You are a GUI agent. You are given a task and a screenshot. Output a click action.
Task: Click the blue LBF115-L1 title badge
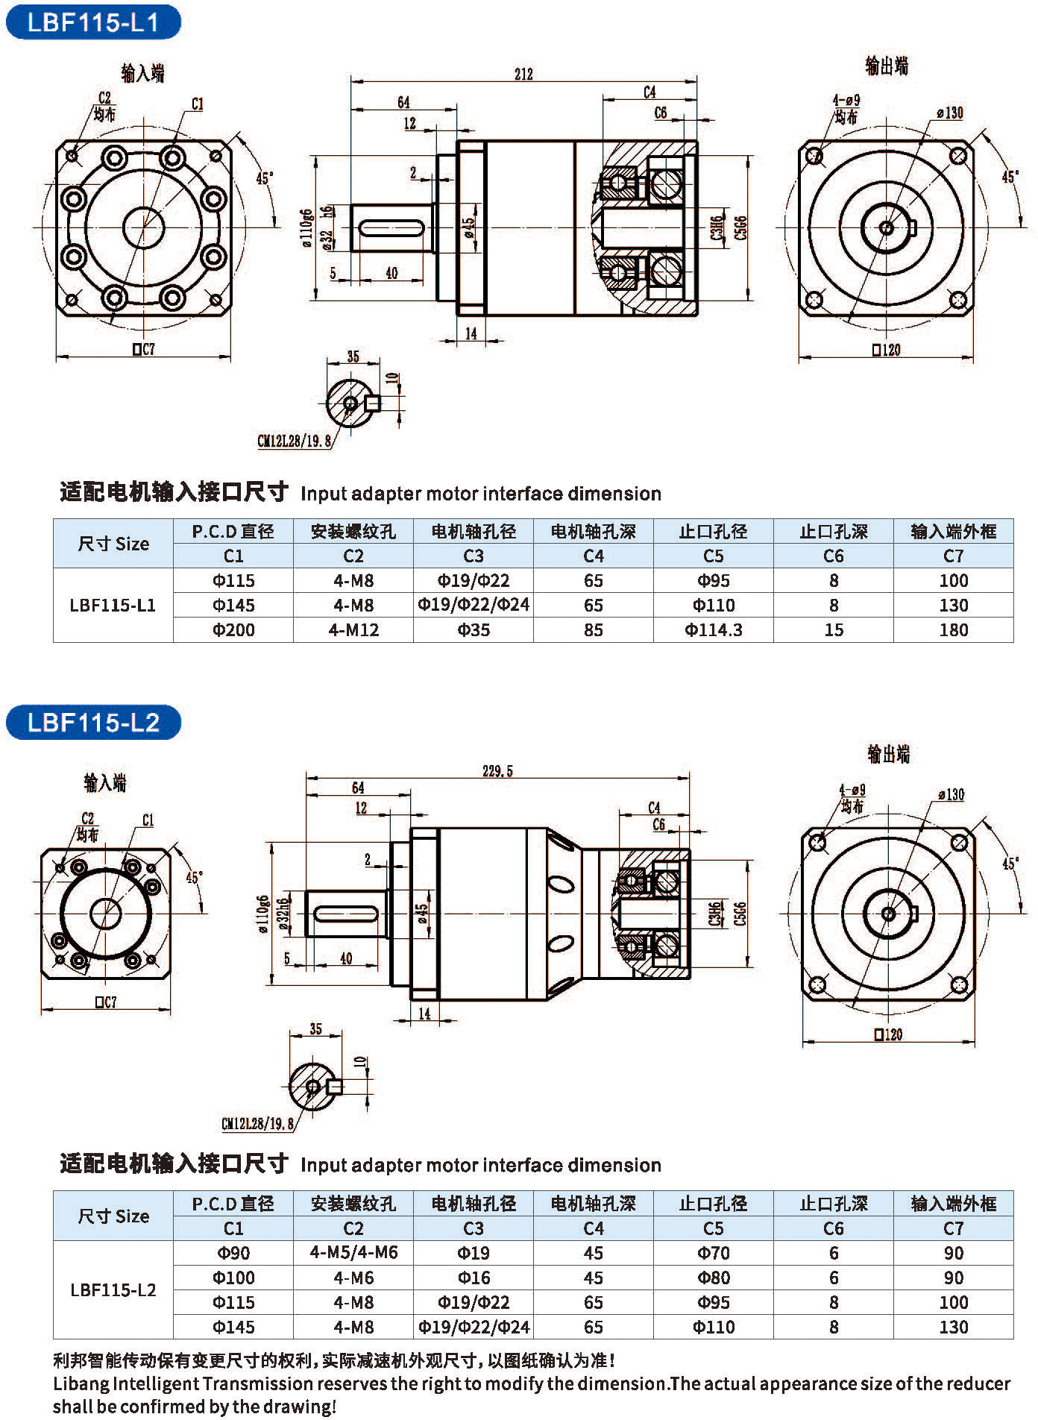pyautogui.click(x=93, y=22)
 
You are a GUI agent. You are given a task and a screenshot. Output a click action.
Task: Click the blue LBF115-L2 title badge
pyautogui.click(x=93, y=722)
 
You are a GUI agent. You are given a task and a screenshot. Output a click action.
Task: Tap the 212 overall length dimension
pyautogui.click(x=523, y=74)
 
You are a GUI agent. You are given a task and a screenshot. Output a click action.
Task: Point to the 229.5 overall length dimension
pyautogui.click(x=497, y=770)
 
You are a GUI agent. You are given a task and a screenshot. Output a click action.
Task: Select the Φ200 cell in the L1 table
pyautogui.click(x=233, y=630)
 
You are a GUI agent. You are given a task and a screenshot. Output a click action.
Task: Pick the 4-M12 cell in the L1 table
pyautogui.click(x=353, y=630)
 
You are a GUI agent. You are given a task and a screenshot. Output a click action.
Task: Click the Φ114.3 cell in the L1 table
pyautogui.click(x=714, y=630)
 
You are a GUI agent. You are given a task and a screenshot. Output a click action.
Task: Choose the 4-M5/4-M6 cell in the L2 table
pyautogui.click(x=353, y=1253)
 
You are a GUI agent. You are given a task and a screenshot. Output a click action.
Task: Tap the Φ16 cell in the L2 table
pyautogui.click(x=474, y=1278)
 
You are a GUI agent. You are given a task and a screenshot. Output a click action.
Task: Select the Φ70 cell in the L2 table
pyautogui.click(x=714, y=1253)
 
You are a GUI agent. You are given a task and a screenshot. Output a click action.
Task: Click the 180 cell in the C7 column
pyautogui.click(x=954, y=630)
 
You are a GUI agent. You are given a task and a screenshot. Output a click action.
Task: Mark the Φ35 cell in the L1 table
pyautogui.click(x=474, y=630)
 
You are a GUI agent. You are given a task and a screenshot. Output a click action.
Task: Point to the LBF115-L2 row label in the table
pyautogui.click(x=113, y=1289)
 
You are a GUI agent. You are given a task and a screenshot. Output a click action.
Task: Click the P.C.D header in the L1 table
pyautogui.click(x=233, y=531)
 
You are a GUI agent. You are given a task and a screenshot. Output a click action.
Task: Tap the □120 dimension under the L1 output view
pyautogui.click(x=886, y=349)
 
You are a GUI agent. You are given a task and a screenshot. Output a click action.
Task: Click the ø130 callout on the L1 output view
pyautogui.click(x=950, y=113)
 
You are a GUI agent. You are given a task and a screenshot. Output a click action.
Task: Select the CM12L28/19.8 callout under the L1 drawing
pyautogui.click(x=294, y=441)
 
